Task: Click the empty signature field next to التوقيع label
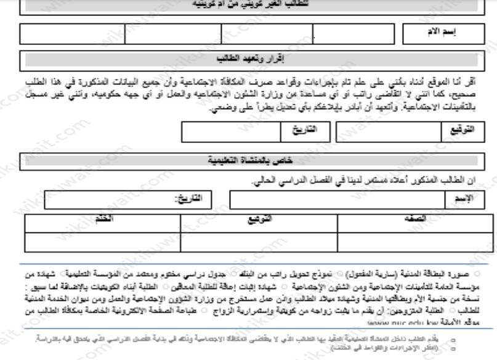387,131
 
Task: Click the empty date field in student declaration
229,131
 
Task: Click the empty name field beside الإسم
337,199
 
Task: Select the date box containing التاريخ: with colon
127,199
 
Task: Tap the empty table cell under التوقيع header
259,242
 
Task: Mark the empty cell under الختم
103,242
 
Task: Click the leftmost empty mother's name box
71,33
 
